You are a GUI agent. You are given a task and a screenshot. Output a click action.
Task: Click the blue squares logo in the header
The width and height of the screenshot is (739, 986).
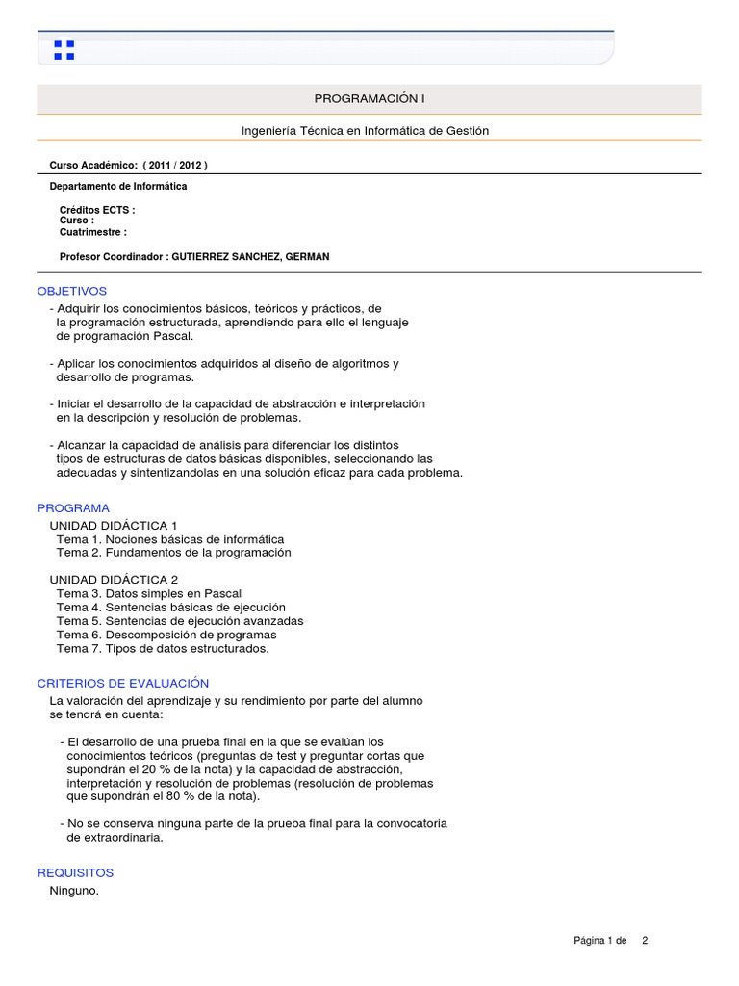[x=64, y=50]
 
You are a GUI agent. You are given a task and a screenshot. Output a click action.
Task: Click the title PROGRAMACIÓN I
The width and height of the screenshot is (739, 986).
[x=369, y=99]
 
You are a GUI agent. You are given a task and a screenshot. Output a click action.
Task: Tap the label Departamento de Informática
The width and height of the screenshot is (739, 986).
[x=118, y=186]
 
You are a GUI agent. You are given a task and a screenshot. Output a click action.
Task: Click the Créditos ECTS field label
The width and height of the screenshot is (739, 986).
[x=97, y=210]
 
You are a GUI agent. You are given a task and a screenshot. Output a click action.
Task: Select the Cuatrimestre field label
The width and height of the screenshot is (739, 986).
[x=93, y=232]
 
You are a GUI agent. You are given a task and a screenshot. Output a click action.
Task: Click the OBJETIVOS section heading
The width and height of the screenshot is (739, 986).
[x=72, y=291]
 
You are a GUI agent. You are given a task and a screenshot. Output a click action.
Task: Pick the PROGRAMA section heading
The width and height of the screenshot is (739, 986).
[x=73, y=507]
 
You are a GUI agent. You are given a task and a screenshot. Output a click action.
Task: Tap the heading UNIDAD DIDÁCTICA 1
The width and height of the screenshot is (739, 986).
[x=114, y=526]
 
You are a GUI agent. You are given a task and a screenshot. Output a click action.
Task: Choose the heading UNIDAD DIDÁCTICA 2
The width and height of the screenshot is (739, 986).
[x=114, y=580]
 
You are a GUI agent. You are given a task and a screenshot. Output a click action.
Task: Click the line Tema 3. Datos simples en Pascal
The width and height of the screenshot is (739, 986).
[x=149, y=594]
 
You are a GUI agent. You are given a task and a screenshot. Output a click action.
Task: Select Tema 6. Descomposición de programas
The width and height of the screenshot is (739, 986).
[x=166, y=636]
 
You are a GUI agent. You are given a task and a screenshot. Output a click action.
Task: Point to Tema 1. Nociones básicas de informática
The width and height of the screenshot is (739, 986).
[x=170, y=539]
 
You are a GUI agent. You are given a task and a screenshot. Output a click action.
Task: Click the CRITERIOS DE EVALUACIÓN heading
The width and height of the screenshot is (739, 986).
[x=123, y=683]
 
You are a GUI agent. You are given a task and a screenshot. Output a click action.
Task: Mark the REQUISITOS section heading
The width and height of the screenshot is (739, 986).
[x=75, y=872]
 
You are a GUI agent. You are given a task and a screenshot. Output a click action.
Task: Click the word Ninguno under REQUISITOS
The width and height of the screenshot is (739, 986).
[x=74, y=891]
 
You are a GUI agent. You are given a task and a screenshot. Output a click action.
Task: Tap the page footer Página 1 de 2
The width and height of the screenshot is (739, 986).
[x=610, y=941]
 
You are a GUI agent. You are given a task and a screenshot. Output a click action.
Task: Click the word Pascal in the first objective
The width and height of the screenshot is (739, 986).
[x=173, y=336]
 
